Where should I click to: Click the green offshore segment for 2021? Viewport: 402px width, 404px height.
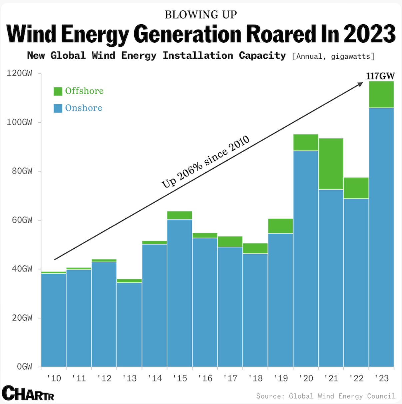(331, 164)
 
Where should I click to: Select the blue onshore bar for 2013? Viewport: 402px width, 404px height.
(129, 324)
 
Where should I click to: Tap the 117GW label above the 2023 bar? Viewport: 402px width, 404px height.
(380, 76)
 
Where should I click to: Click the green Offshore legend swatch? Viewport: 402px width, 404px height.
(58, 91)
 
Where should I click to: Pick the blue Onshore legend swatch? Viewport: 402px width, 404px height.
(58, 108)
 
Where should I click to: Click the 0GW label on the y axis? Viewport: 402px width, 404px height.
(25, 367)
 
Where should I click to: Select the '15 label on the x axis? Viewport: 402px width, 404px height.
(180, 378)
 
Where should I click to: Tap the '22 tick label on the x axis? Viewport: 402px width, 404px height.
(356, 378)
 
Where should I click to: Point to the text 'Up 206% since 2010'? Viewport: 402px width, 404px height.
(205, 162)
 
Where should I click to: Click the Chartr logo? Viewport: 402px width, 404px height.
(28, 393)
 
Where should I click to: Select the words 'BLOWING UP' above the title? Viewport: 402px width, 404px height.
(201, 15)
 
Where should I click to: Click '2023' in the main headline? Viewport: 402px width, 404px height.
(369, 34)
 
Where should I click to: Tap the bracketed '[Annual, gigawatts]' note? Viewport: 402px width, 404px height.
(333, 56)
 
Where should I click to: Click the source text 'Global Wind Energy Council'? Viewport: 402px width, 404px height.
(342, 396)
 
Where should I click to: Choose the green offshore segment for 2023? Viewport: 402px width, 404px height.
(381, 94)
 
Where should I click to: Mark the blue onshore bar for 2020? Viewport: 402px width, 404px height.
(306, 258)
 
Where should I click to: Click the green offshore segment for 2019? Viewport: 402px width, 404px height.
(280, 226)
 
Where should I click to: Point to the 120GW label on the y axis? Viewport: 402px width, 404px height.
(19, 73)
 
